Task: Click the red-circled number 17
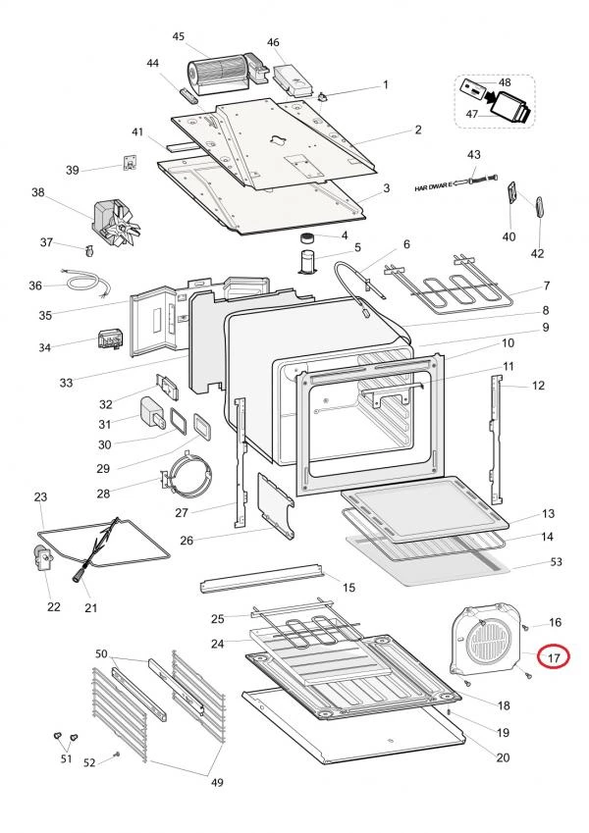click(x=554, y=658)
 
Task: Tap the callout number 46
click(x=274, y=42)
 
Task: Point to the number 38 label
click(x=39, y=193)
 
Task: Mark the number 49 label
click(x=217, y=782)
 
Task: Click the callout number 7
click(x=547, y=287)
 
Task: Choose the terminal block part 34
click(x=110, y=339)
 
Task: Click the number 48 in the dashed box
click(x=505, y=82)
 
